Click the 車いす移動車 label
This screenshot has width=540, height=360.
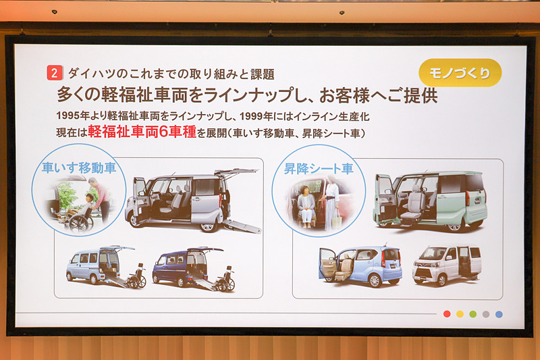point(79,168)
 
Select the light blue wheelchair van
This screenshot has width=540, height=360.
point(94,266)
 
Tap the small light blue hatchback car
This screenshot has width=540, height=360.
point(360,265)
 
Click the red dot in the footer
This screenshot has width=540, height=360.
point(447,314)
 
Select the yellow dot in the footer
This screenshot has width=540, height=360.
point(460,314)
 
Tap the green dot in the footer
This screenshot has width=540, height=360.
point(473,314)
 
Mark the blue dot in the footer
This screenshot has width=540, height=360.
point(499,314)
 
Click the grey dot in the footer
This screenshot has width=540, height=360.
point(485,314)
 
